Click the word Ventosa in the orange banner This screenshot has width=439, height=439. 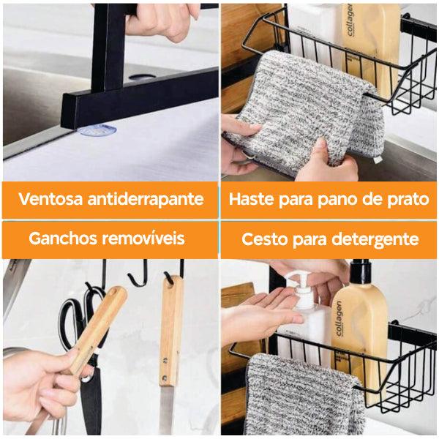50,198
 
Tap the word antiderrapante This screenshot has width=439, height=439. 146,199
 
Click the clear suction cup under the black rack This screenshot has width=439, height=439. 98,130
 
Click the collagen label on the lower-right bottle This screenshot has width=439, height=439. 339,318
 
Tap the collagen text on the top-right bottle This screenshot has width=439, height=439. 350,19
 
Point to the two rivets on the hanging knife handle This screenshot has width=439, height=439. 165,369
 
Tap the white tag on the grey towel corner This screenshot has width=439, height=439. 378,160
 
